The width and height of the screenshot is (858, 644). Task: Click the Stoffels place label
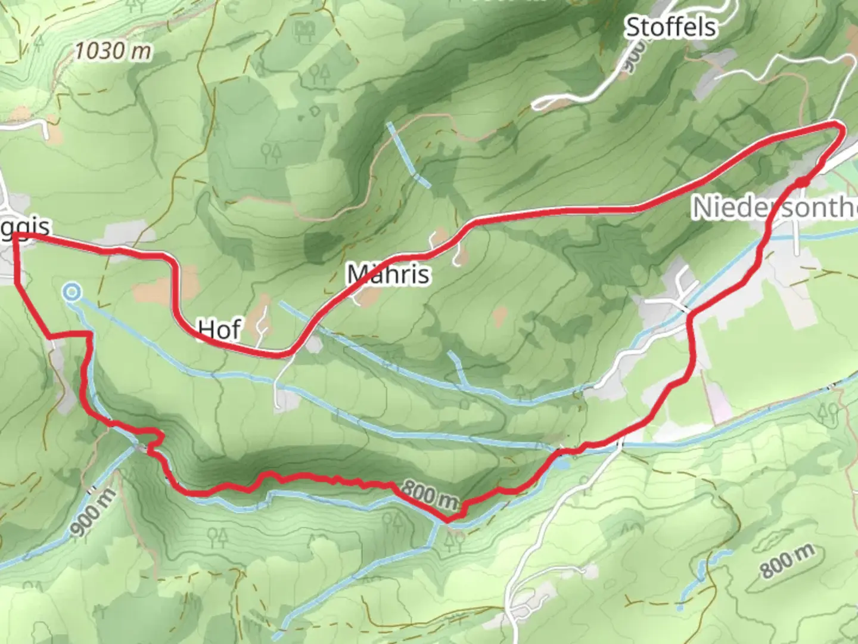coord(670,27)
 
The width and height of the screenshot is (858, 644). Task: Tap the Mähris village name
coord(388,274)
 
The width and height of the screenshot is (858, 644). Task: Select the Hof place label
coord(219,329)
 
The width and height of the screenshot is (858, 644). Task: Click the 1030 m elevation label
coord(113,51)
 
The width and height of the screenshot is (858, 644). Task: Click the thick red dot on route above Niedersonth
coord(803,181)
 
